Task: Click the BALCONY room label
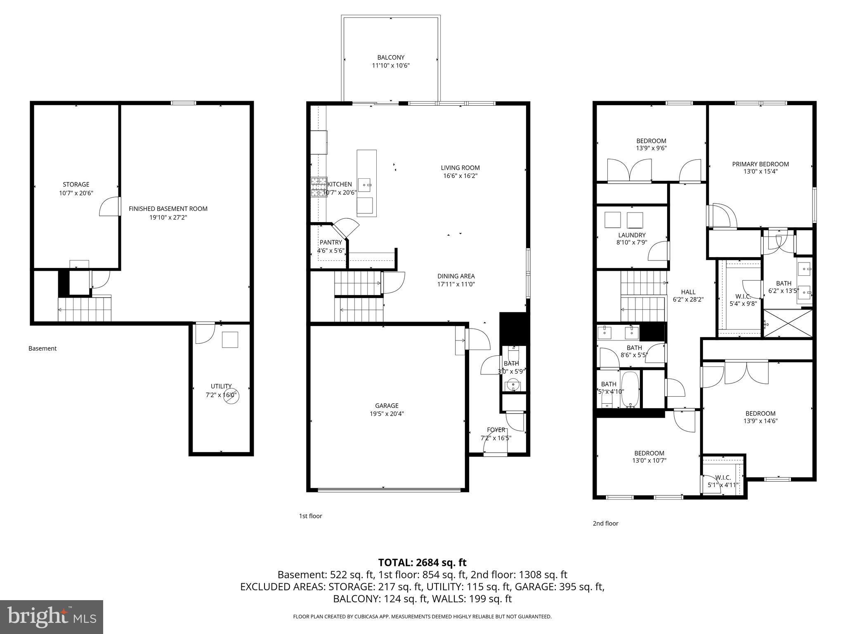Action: (391, 57)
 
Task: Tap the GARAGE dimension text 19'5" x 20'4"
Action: (387, 414)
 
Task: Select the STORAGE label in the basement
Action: (76, 185)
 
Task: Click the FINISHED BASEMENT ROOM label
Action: (168, 209)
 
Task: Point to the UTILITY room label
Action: (221, 386)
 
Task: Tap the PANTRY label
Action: (330, 242)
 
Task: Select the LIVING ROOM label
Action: (460, 168)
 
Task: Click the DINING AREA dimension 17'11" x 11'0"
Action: (456, 284)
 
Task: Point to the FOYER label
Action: (496, 430)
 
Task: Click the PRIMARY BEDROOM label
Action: (760, 164)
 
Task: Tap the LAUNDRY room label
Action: (632, 235)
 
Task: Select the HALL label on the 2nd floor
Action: (688, 292)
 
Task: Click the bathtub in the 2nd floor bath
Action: (630, 390)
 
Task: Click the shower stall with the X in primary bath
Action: (788, 323)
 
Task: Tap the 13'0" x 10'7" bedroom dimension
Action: (649, 461)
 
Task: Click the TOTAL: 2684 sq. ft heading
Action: (422, 563)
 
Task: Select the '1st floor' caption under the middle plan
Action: (310, 516)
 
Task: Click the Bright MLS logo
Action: (52, 617)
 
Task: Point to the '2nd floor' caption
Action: (605, 523)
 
